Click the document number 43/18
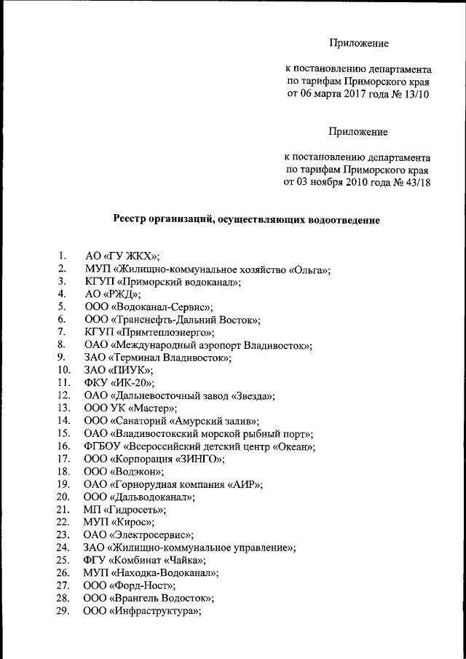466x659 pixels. point(416,182)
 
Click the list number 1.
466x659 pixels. point(63,256)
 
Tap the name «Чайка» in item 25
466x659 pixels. point(181,561)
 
